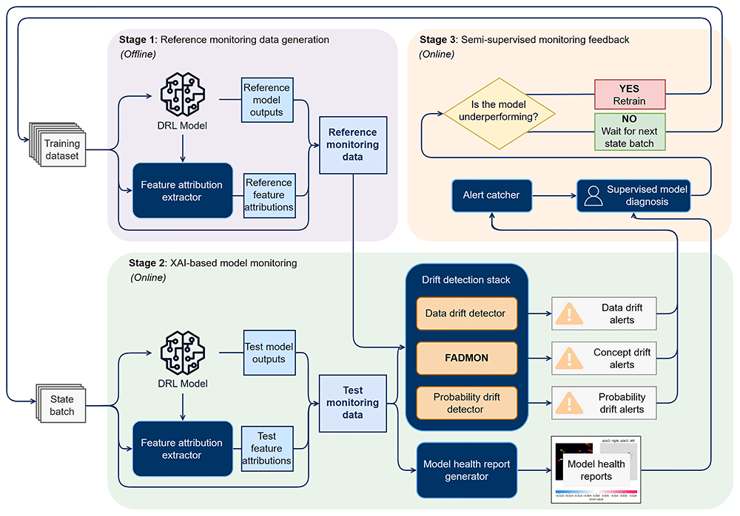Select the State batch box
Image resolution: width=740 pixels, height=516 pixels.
pos(61,406)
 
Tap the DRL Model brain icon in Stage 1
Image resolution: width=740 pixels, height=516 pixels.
pos(181,93)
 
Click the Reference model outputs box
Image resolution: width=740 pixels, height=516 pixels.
pos(266,100)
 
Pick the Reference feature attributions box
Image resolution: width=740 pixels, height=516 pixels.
pos(269,194)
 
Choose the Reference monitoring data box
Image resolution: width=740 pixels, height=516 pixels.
pos(352,145)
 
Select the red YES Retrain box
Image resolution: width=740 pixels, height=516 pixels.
pos(631,95)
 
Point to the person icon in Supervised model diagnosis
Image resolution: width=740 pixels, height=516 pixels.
pos(593,195)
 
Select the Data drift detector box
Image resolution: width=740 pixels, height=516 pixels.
pos(465,313)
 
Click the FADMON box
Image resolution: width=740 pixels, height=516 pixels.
pos(465,358)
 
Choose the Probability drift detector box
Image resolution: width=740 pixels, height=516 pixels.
pos(465,403)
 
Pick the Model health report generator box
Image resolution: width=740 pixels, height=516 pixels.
pos(466,470)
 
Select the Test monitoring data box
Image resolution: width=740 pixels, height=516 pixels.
pos(352,403)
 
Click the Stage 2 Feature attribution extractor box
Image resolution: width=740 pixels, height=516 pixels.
pos(182,449)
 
